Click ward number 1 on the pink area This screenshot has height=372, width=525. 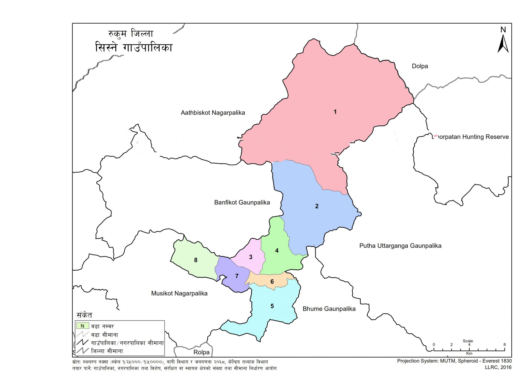pos(335,112)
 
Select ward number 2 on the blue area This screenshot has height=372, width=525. pos(317,206)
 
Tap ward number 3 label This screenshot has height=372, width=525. pos(251,257)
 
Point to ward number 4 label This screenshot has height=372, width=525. pos(277,251)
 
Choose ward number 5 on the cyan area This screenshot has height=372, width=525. pos(272,306)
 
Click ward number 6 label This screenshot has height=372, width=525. pos(272,282)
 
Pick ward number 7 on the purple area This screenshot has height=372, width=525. pos(237,276)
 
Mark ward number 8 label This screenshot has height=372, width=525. pos(196,260)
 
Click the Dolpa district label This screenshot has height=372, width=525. pos(420,66)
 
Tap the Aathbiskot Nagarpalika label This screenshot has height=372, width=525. pos(213,113)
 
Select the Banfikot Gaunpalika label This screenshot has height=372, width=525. pos(242,203)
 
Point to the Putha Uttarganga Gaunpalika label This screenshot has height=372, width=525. pos(400,246)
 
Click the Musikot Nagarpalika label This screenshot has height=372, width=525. pos(179,293)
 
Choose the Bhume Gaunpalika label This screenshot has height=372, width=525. pos(329,309)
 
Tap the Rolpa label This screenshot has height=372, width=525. pos(201,352)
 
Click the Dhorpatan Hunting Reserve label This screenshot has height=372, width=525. pos(471,137)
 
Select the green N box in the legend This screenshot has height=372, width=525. pos(83,326)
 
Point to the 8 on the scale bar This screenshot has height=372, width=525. pos(504,345)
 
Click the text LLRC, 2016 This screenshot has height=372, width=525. pos(498,367)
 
